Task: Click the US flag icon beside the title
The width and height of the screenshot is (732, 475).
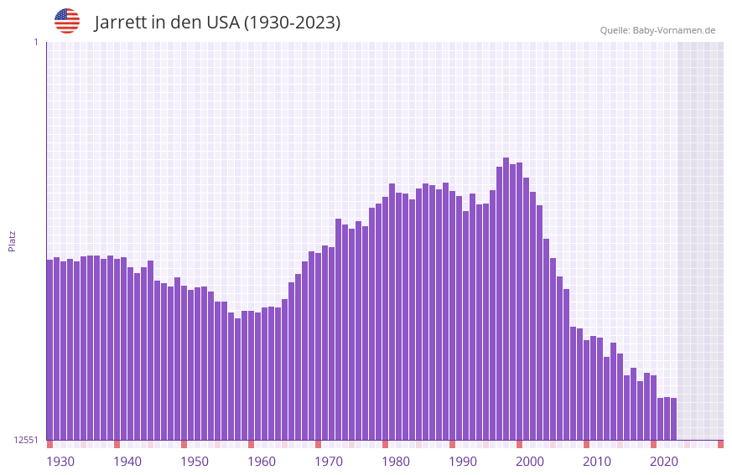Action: click(67, 21)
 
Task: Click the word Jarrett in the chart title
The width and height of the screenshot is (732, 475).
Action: click(121, 23)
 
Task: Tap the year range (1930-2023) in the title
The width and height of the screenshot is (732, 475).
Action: click(292, 23)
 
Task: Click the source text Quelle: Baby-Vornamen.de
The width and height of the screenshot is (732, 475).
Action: click(657, 30)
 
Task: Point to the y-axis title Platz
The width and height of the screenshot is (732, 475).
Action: click(12, 240)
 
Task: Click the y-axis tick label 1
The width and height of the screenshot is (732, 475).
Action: click(35, 42)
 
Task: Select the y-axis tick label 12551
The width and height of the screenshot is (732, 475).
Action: click(26, 440)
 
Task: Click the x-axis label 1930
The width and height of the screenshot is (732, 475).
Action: click(60, 462)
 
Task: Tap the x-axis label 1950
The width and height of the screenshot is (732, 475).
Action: click(195, 462)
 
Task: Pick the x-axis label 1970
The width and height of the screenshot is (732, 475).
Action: click(329, 462)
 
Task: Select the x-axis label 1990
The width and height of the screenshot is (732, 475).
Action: click(463, 462)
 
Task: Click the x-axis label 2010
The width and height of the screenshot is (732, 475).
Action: click(597, 462)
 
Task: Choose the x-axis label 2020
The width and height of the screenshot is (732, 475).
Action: click(664, 462)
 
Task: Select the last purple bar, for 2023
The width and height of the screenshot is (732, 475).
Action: click(673, 419)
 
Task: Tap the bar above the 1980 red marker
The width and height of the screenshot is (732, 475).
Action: click(385, 318)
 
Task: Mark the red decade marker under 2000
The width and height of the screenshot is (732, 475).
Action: click(519, 444)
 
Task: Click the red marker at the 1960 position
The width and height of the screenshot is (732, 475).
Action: click(251, 444)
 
